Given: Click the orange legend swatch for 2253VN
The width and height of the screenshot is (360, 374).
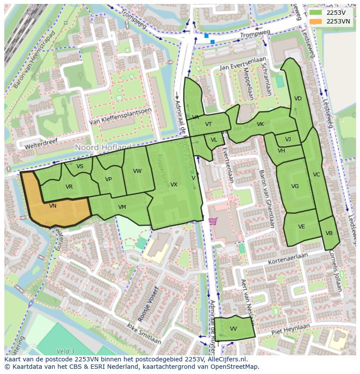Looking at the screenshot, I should [x=316, y=21].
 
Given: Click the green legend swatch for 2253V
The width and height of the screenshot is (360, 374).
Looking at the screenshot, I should [x=316, y=13].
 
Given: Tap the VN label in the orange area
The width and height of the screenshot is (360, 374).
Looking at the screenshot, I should [x=53, y=206].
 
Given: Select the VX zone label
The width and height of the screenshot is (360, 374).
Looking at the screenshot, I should [x=173, y=185].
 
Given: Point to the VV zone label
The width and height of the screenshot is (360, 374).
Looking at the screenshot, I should [x=233, y=329].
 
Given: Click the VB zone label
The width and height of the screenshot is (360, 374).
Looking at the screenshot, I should [x=329, y=233].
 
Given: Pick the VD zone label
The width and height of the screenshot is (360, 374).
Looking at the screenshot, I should [x=298, y=99].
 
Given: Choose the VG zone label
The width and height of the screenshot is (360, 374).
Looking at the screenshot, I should [x=295, y=186].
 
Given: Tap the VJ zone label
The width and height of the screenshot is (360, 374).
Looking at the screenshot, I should [x=288, y=139].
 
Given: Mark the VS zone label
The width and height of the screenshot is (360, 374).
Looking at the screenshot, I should [x=80, y=166].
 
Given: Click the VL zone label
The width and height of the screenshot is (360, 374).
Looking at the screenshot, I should [x=214, y=140].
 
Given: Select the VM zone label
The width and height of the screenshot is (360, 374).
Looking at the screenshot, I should [x=122, y=207].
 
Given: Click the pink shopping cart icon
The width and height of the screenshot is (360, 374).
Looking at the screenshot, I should [x=213, y=221].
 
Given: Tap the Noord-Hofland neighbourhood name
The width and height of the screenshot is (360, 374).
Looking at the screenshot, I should [x=103, y=148].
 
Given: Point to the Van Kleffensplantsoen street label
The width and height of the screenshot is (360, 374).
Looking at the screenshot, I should [x=120, y=117].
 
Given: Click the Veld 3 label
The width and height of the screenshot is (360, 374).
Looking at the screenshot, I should [x=66, y=351].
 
